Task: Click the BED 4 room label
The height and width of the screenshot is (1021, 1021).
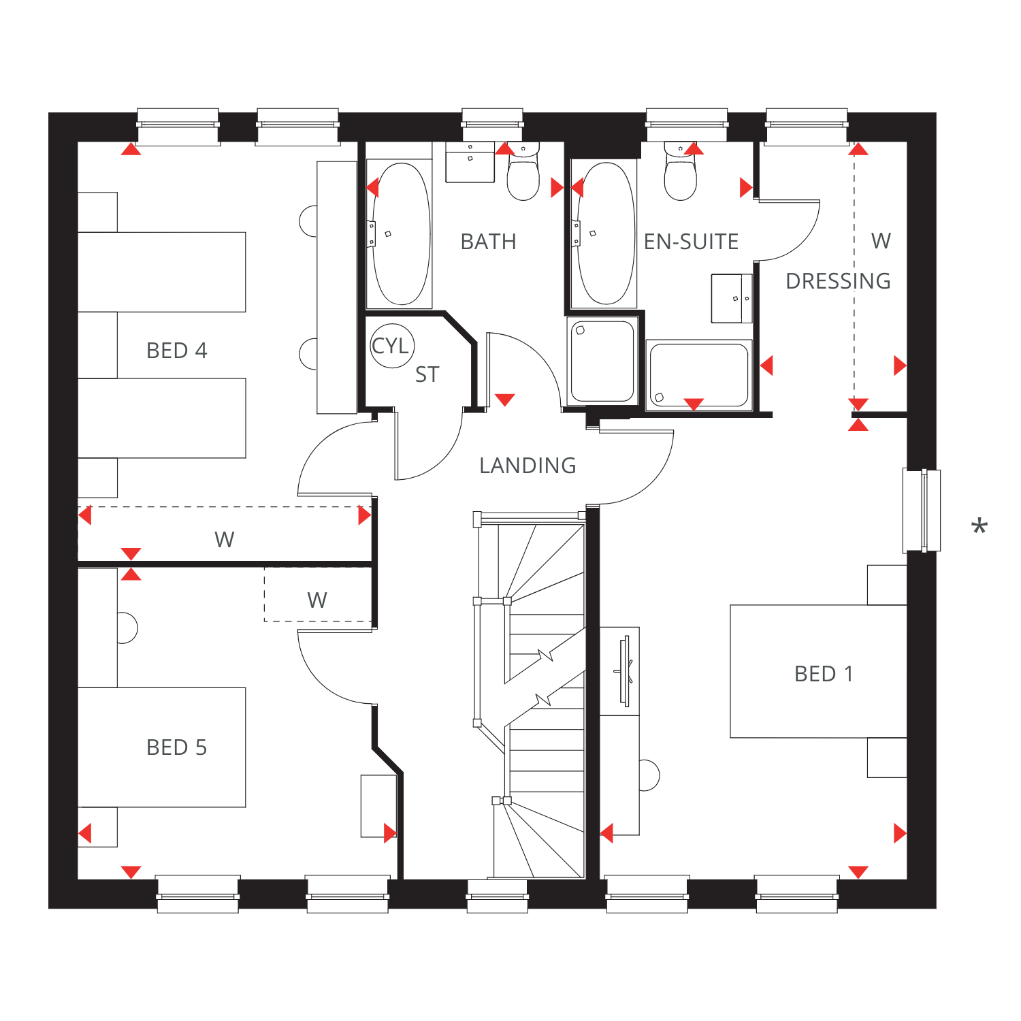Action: (x=177, y=351)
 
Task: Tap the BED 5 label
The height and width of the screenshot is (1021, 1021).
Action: (x=177, y=747)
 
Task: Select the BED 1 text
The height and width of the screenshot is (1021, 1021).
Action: (x=824, y=674)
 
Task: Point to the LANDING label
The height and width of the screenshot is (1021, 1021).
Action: (x=528, y=466)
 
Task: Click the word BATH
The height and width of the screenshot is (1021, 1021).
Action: (x=489, y=242)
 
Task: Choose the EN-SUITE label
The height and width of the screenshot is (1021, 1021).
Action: (x=692, y=242)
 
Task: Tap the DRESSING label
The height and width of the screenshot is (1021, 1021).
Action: (x=839, y=281)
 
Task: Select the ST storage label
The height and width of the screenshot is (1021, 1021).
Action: (x=427, y=375)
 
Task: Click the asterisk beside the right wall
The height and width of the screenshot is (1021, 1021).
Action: (x=979, y=526)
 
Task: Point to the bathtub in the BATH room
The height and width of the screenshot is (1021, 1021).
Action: (x=400, y=233)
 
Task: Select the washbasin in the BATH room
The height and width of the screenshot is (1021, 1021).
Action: (x=470, y=162)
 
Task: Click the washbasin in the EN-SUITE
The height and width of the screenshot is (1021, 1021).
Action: (x=732, y=298)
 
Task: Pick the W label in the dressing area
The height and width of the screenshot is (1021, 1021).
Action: (x=881, y=241)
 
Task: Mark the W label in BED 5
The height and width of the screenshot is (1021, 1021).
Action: (x=317, y=600)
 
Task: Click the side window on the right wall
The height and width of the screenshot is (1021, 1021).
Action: (x=922, y=510)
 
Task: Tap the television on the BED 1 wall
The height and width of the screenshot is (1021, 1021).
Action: (x=625, y=671)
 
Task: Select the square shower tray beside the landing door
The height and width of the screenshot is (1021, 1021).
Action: (x=602, y=361)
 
